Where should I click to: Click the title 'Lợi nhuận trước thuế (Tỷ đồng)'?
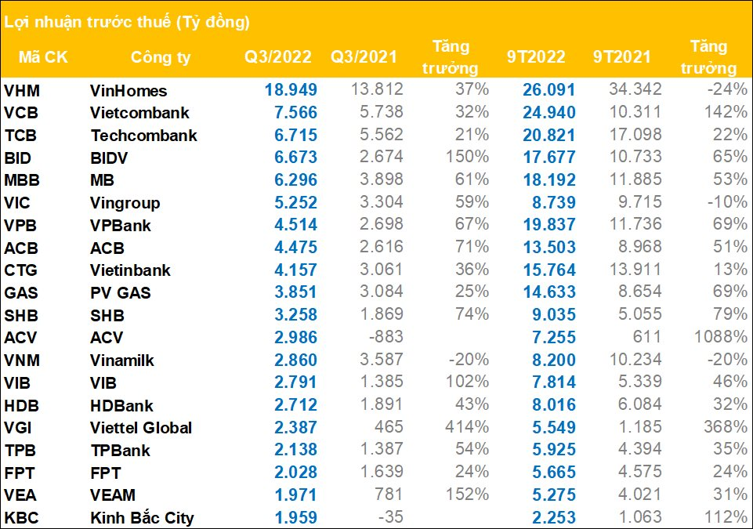point(127,22)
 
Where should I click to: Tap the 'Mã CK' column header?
point(40,57)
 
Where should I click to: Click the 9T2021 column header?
point(622,57)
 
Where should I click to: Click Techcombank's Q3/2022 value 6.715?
point(291,136)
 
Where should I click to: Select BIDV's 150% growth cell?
point(471,158)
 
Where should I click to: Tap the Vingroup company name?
point(125,204)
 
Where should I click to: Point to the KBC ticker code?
point(21,518)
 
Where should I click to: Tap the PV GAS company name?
point(121,293)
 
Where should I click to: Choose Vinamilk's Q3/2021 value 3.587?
point(379,361)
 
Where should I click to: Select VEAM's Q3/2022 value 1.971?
point(291,495)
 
